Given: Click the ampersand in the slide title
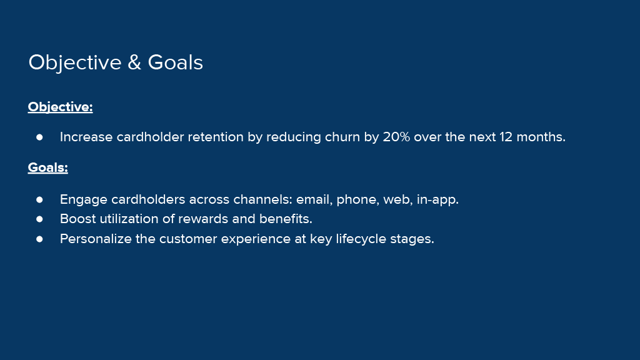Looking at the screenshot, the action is point(134,62).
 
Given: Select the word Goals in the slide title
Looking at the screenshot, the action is point(175,62).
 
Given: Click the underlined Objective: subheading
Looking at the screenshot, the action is point(61,107).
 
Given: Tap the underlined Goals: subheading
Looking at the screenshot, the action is point(47,167).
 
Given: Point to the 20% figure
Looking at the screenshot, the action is point(396,137).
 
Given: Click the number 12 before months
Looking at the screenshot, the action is point(506,137).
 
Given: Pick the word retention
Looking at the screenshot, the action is point(216,137).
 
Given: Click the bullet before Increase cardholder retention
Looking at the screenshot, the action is point(39,137).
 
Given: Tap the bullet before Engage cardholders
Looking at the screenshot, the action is point(39,199).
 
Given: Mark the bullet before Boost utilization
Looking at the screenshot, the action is point(39,219).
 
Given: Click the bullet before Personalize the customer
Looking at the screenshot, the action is point(39,239).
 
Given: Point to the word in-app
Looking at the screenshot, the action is point(437,199).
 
